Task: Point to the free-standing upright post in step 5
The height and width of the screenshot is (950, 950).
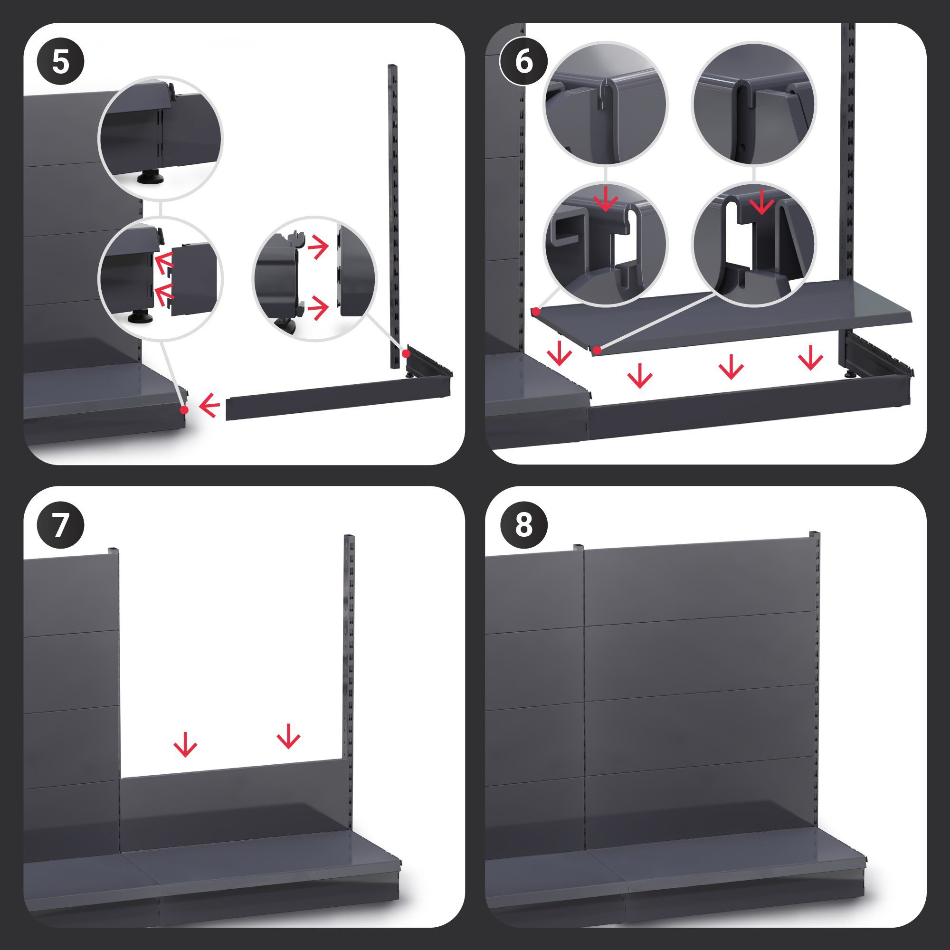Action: (x=393, y=216)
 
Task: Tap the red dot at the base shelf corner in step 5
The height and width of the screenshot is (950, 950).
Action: (x=184, y=409)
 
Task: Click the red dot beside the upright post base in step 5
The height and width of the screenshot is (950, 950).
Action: (x=407, y=353)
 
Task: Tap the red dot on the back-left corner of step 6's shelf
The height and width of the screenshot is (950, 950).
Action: (x=536, y=311)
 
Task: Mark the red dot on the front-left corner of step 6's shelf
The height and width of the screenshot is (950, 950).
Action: (x=597, y=350)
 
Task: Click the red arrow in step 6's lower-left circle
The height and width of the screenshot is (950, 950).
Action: (x=606, y=199)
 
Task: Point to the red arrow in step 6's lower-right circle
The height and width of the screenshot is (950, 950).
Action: (x=762, y=202)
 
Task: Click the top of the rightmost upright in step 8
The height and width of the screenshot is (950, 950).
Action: (x=814, y=534)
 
